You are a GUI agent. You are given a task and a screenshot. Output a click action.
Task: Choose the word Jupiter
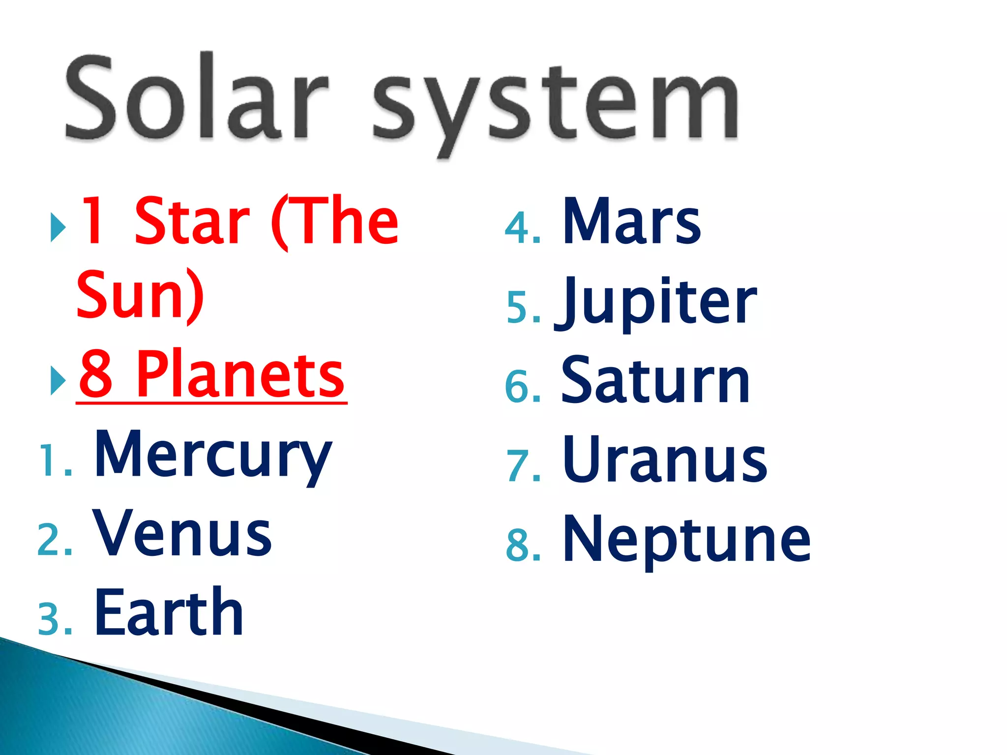tap(656, 302)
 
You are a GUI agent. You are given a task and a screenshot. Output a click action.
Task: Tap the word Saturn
tap(655, 381)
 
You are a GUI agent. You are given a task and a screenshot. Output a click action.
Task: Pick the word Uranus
tap(665, 461)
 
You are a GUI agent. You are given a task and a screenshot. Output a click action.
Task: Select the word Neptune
tap(686, 540)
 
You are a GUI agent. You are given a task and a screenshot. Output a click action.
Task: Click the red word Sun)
tap(140, 295)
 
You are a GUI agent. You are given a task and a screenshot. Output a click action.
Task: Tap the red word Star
tap(192, 221)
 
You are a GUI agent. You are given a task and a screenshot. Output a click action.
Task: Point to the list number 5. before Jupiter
tap(523, 308)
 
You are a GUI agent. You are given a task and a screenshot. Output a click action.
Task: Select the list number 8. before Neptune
tap(523, 546)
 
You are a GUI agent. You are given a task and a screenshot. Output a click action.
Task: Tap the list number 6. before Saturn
tap(523, 387)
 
